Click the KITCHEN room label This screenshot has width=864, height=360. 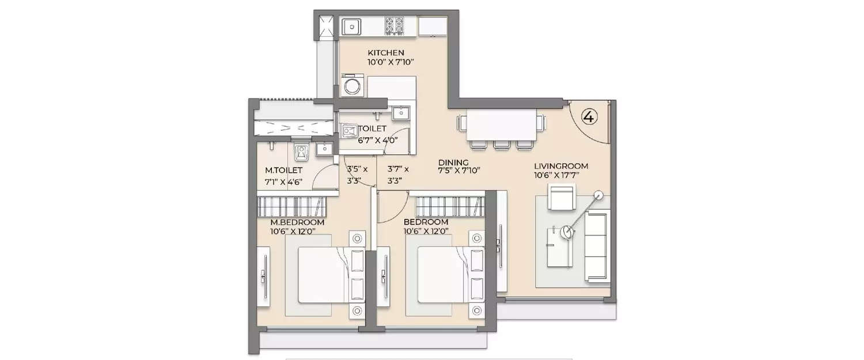coord(386,53)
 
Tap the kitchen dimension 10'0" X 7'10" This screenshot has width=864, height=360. coord(391,62)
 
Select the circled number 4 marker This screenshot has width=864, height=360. coord(589,116)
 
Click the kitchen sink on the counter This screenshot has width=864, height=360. coord(351,26)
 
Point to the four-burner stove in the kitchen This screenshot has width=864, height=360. coord(395,26)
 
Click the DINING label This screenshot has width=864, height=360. coord(453,162)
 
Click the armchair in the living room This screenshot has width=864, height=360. coord(562,197)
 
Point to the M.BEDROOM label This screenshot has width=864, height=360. coord(297,222)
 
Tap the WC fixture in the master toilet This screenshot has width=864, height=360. coord(302,152)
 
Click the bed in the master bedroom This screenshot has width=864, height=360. coord(323,274)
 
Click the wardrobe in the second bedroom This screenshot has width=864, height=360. coord(450,206)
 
